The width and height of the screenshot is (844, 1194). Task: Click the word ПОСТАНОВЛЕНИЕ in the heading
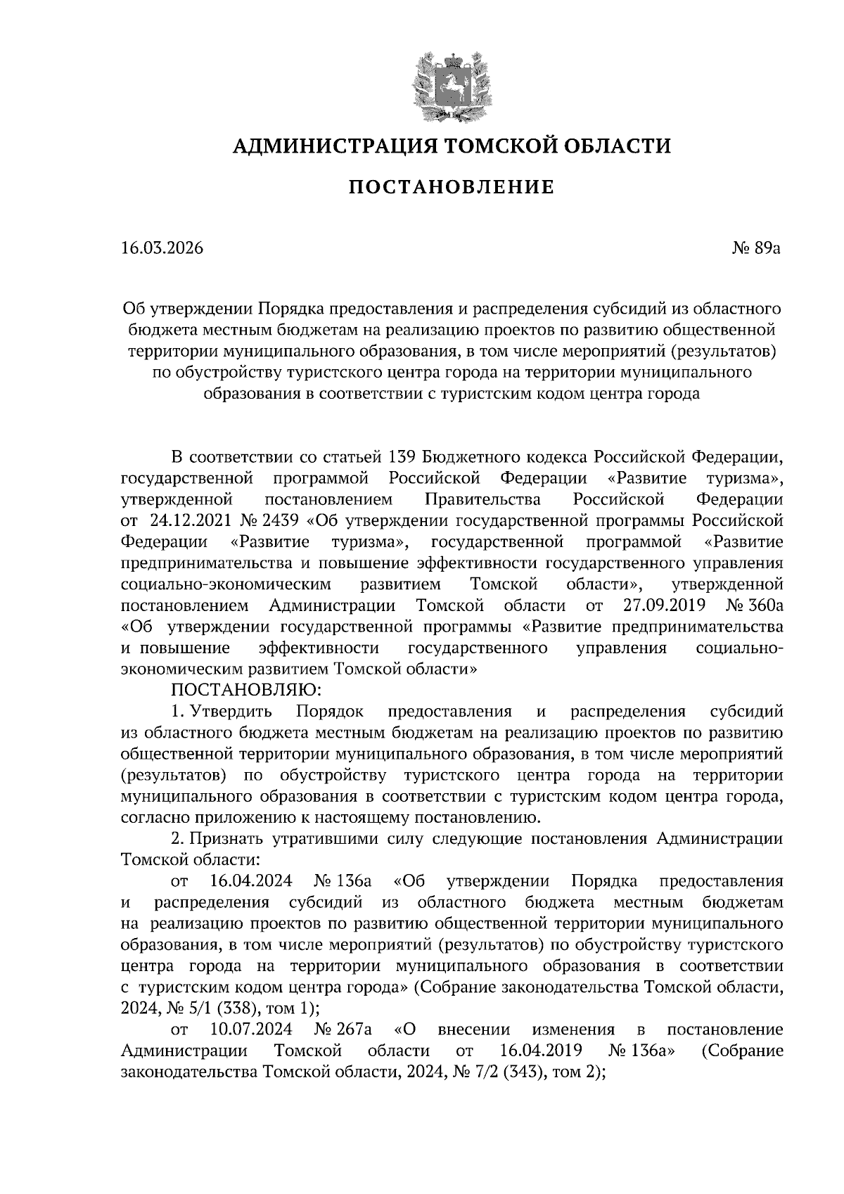[451, 188]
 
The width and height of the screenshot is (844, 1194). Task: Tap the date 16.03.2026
[161, 249]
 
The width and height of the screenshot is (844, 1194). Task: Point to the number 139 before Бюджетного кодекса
[402, 457]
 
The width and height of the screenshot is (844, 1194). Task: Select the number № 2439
[273, 521]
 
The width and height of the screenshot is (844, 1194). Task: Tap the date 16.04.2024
[251, 881]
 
